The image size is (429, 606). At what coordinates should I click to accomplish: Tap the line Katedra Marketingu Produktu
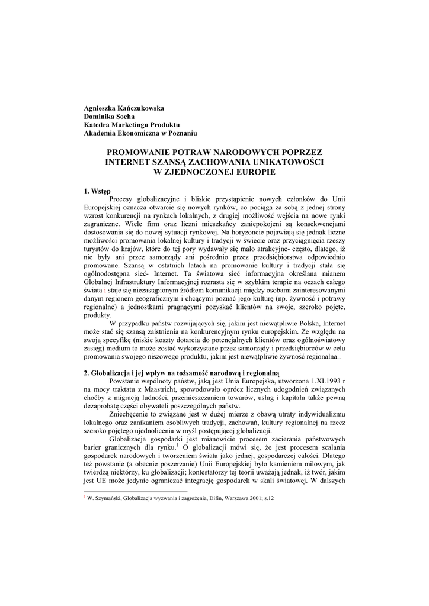132,125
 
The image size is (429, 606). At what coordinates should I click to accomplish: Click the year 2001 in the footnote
249,499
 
